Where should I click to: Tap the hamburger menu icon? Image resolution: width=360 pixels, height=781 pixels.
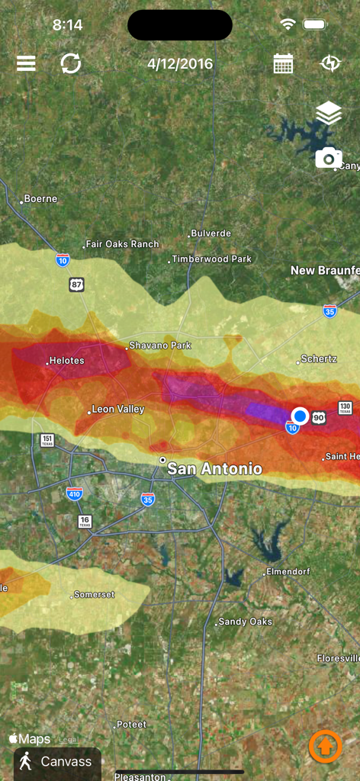click(26, 63)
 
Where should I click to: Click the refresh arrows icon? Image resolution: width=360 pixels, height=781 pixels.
click(71, 63)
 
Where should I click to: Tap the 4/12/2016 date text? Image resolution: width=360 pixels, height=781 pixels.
click(180, 64)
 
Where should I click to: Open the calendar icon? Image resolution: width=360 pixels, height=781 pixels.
click(283, 63)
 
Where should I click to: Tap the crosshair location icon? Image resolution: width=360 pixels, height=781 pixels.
click(330, 63)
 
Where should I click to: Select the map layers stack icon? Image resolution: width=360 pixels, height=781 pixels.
click(329, 114)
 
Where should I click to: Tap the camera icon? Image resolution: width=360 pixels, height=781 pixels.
click(329, 158)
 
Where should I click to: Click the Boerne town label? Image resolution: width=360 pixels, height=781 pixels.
click(40, 199)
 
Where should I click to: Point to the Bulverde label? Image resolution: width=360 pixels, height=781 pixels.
click(211, 233)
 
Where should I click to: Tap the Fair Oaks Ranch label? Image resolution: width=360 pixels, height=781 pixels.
click(122, 244)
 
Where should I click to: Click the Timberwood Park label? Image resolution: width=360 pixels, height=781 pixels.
click(211, 259)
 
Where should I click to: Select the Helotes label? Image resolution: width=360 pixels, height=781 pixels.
click(66, 361)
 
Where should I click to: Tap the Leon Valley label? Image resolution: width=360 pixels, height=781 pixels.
click(117, 410)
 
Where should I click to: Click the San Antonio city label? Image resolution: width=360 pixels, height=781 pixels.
click(214, 468)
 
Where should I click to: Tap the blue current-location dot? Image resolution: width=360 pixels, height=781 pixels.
click(300, 416)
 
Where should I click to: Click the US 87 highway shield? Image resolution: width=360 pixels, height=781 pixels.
click(76, 284)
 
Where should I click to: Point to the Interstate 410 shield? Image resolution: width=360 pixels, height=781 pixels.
click(74, 493)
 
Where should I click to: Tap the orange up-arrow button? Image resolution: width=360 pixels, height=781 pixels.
click(325, 746)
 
